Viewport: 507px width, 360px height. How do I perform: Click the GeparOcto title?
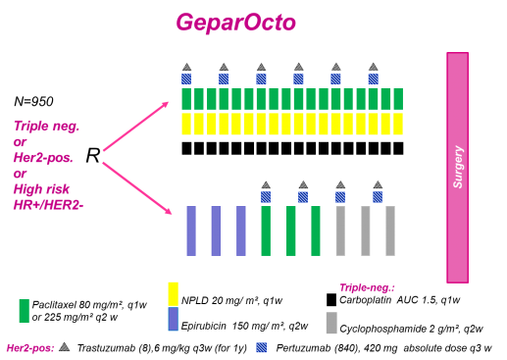pyautogui.click(x=235, y=23)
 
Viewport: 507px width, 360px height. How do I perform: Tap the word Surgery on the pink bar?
pyautogui.click(x=457, y=167)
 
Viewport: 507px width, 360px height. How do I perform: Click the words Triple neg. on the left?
pyautogui.click(x=46, y=126)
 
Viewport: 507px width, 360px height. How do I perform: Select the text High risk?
pyautogui.click(x=41, y=188)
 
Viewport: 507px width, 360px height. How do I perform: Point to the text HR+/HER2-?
pyautogui.click(x=48, y=204)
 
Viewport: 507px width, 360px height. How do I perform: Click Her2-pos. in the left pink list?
pyautogui.click(x=43, y=157)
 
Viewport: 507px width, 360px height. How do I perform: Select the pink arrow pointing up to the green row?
pyautogui.click(x=135, y=127)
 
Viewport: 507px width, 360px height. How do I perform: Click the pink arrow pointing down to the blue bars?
pyautogui.click(x=136, y=187)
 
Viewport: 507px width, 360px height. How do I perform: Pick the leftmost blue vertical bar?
pyautogui.click(x=191, y=231)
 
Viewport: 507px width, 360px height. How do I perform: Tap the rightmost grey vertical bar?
pyautogui.click(x=389, y=231)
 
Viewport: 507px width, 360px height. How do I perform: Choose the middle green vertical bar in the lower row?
pyautogui.click(x=290, y=231)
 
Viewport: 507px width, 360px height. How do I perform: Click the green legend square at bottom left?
pyautogui.click(x=24, y=310)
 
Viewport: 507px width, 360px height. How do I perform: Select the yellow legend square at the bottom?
pyautogui.click(x=173, y=293)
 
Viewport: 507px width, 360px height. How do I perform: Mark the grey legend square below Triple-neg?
pyautogui.click(x=331, y=323)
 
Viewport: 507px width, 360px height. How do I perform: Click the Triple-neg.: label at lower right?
pyautogui.click(x=367, y=287)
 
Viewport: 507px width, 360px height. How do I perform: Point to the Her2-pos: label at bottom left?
pyautogui.click(x=30, y=347)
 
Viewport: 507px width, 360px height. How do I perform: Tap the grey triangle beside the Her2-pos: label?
pyautogui.click(x=64, y=346)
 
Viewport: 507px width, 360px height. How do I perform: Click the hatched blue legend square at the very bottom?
pyautogui.click(x=261, y=347)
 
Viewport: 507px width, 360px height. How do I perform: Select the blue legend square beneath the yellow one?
pyautogui.click(x=173, y=319)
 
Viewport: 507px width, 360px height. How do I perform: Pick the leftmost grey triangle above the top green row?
pyautogui.click(x=186, y=68)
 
